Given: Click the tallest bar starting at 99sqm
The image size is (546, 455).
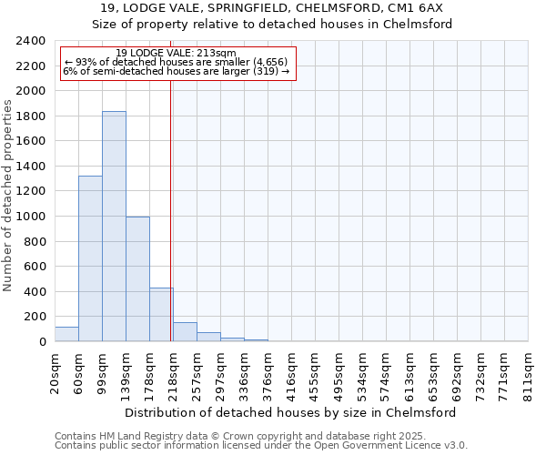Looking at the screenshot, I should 114,227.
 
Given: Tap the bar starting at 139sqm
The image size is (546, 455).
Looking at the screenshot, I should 137,279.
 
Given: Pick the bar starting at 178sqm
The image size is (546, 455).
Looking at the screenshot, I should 161,315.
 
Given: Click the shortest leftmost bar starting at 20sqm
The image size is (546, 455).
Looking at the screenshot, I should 66,334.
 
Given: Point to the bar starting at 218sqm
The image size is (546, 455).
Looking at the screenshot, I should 185,332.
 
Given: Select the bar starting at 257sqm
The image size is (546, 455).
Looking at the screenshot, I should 208,337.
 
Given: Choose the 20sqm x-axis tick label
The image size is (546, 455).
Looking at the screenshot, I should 56,372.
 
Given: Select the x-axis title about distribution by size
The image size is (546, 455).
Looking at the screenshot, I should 289,412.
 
